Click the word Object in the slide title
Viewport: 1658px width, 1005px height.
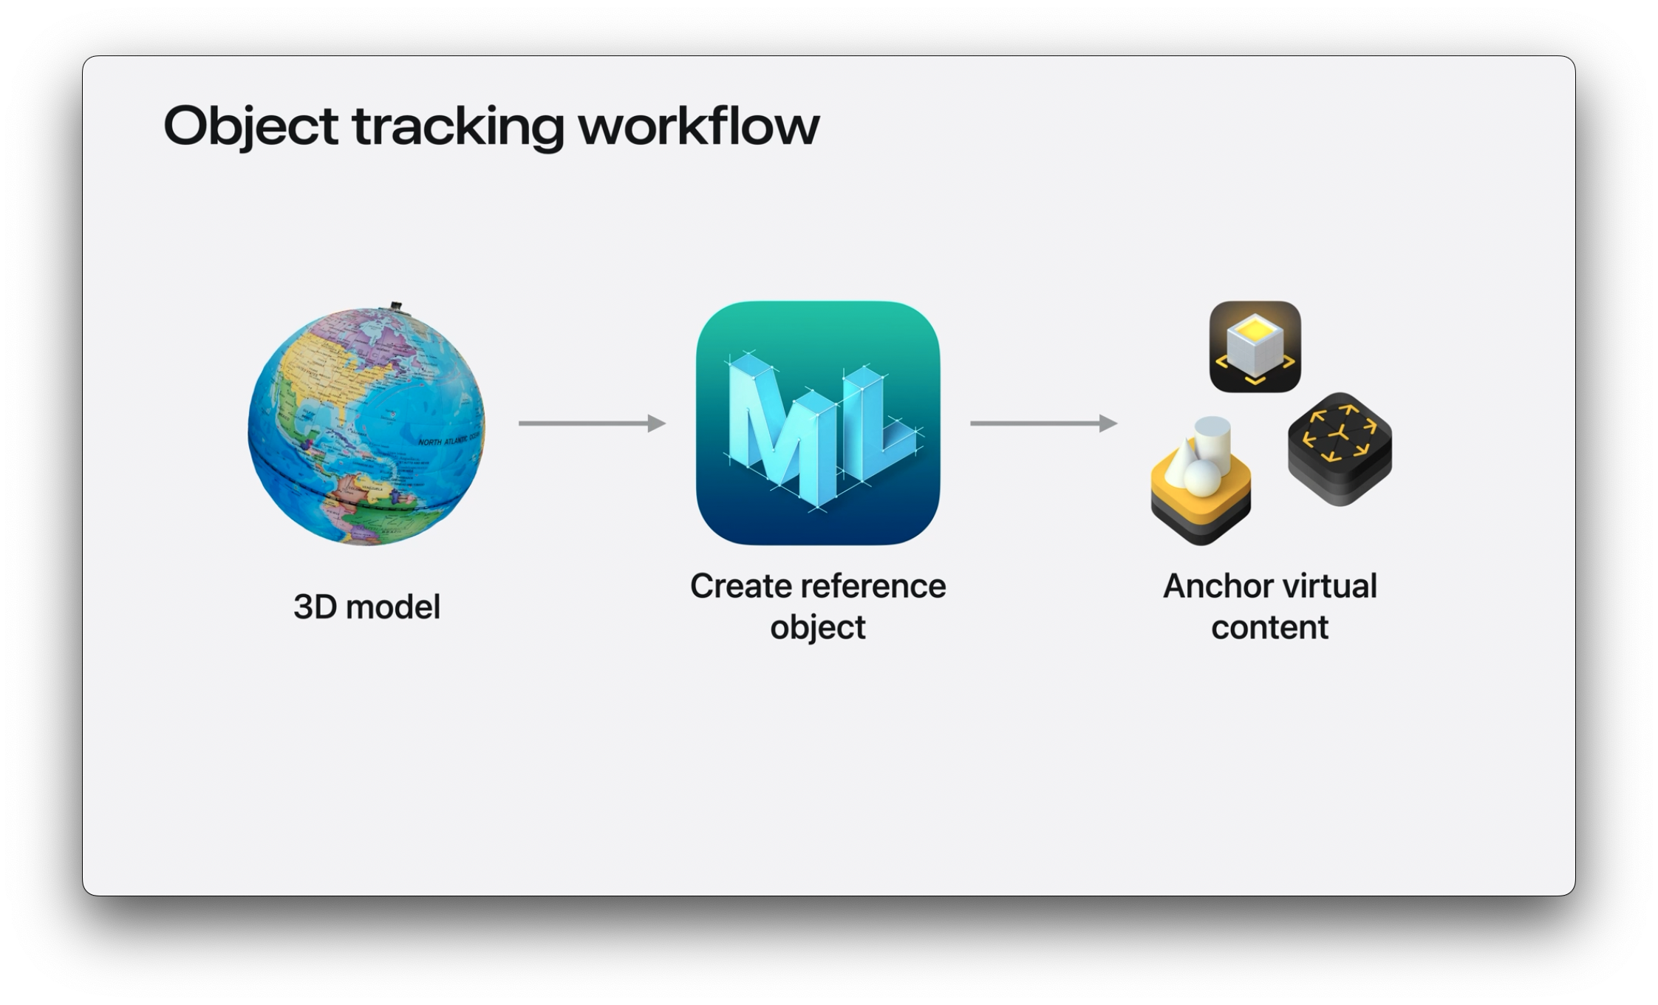click(x=250, y=126)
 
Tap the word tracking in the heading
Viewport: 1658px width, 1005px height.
click(x=458, y=126)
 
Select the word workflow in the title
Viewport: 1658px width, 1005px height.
click(x=698, y=126)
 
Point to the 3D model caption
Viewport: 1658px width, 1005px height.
click(x=366, y=607)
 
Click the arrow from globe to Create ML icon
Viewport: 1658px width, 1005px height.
click(x=592, y=423)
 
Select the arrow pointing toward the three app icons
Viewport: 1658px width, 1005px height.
click(x=1043, y=423)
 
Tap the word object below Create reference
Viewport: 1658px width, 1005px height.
click(x=817, y=627)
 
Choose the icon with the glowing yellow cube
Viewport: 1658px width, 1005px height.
click(x=1255, y=346)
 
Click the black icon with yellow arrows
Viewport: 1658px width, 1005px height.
click(x=1340, y=449)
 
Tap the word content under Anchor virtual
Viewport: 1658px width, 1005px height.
click(x=1269, y=627)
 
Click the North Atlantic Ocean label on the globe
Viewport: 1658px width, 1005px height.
click(x=449, y=440)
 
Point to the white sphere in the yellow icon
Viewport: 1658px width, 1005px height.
click(x=1203, y=477)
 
